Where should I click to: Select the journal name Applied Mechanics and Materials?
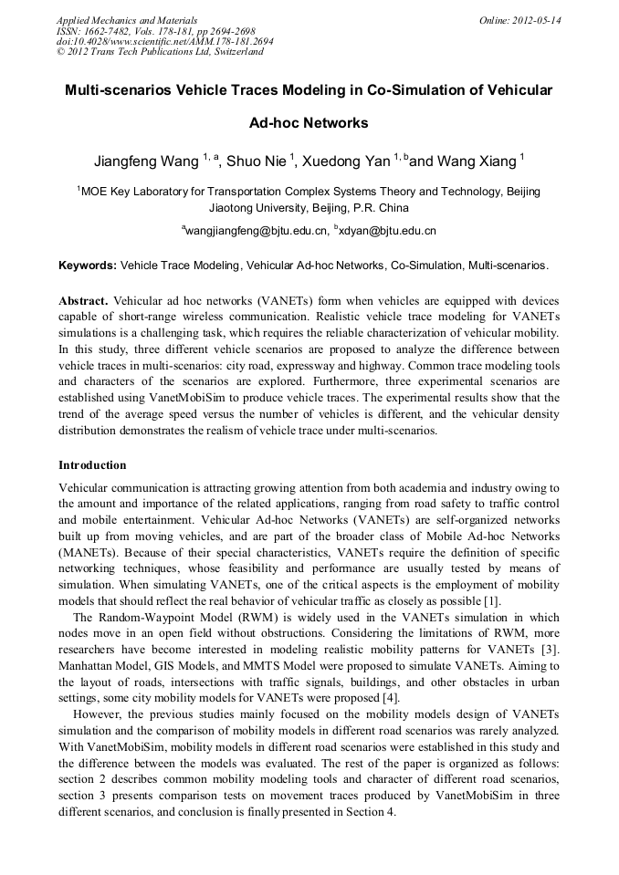point(127,19)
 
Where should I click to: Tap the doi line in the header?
point(164,41)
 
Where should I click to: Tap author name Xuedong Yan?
point(347,161)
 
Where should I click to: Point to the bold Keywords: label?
point(88,266)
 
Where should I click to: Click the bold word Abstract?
point(84,300)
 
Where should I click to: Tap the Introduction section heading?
point(92,465)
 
